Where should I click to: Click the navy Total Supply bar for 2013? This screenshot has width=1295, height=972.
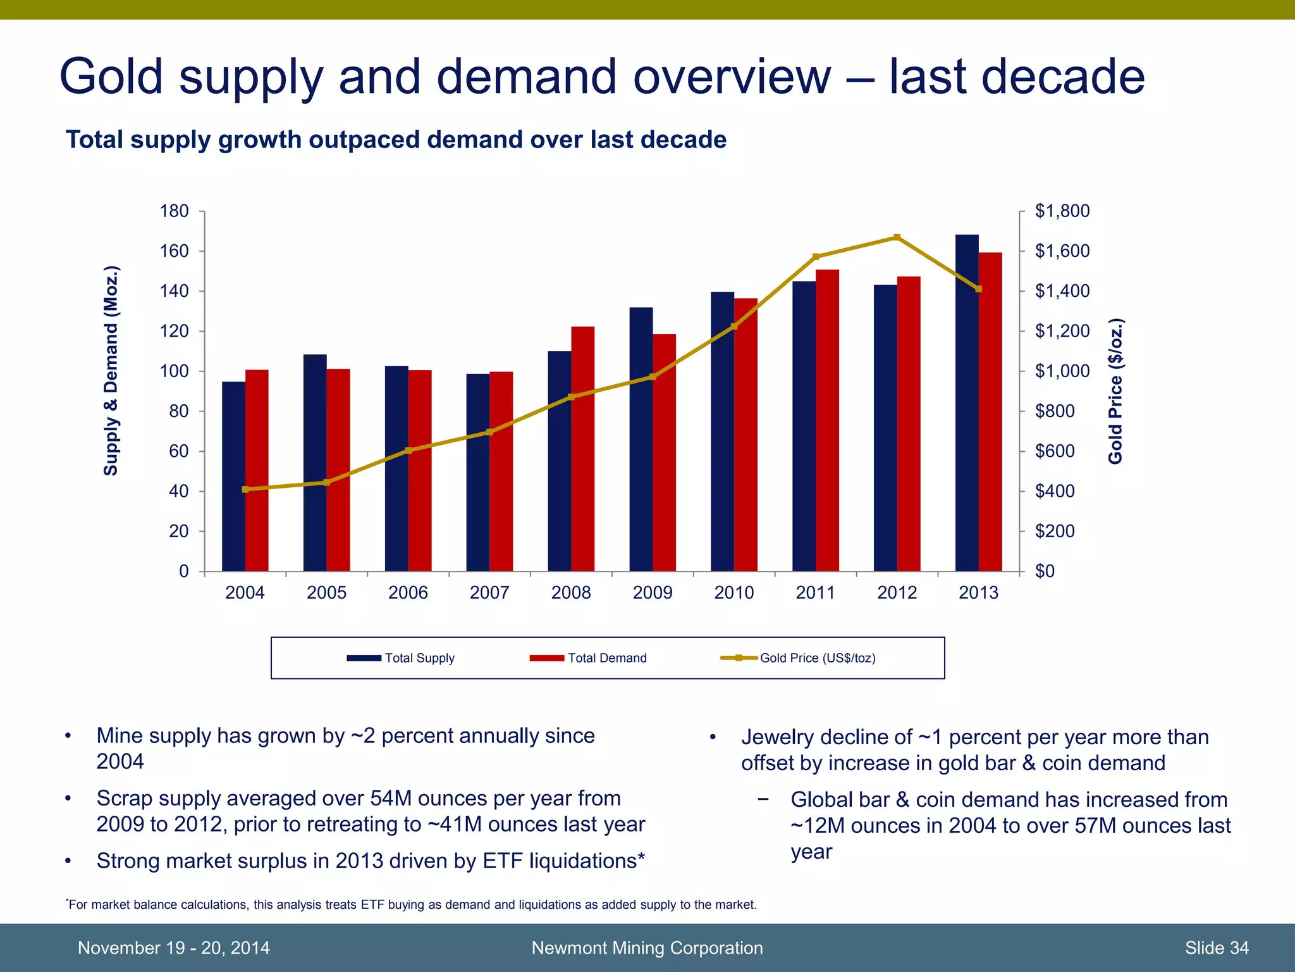(967, 405)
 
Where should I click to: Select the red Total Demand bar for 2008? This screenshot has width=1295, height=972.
(582, 449)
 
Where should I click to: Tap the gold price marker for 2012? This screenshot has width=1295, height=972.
(897, 238)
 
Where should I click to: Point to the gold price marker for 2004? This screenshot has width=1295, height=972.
(245, 489)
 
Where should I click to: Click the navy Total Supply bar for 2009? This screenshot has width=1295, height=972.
(641, 440)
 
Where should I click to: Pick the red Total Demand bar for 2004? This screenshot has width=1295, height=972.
(257, 471)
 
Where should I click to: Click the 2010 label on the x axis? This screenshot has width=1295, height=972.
(733, 593)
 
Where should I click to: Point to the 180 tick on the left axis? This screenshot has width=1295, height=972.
(174, 211)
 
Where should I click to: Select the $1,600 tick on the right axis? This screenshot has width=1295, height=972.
(1062, 251)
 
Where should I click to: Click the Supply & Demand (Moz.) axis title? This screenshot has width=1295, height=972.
(111, 371)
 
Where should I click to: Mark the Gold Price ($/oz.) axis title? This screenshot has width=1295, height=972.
(1115, 391)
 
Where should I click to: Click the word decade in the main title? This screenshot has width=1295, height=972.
(1062, 77)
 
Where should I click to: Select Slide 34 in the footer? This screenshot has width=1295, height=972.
(1216, 948)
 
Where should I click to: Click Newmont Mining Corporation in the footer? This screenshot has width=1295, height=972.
(647, 948)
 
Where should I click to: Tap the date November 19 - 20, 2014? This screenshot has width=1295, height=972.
(173, 948)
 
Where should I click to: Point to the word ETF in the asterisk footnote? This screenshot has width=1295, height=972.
(372, 905)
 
